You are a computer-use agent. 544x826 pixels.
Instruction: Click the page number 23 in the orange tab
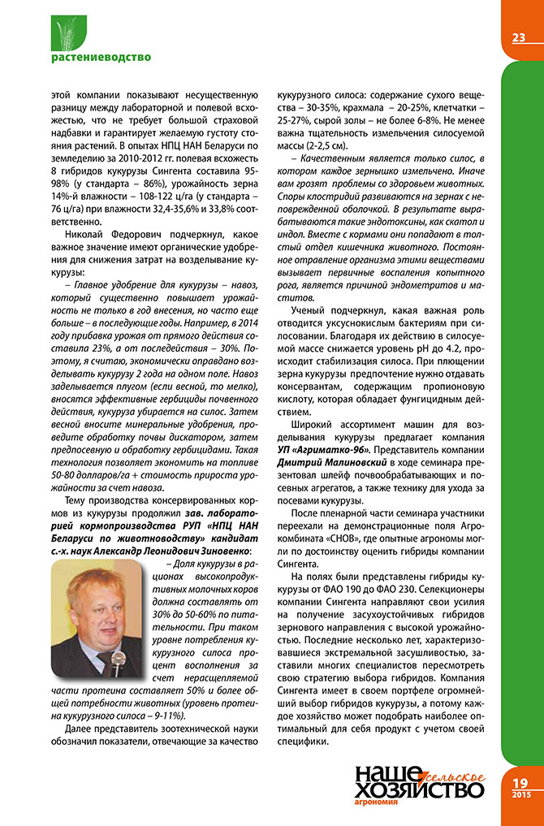518,37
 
